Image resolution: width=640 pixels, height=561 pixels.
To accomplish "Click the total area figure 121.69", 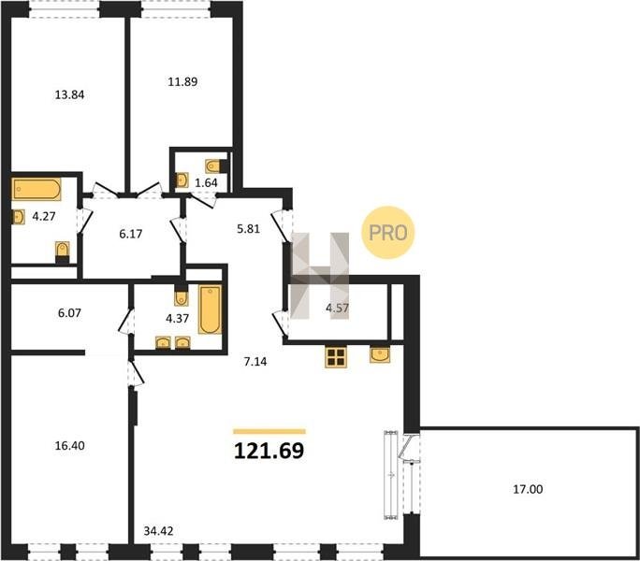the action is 269,451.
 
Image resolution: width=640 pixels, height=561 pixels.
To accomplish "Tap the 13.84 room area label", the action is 69,95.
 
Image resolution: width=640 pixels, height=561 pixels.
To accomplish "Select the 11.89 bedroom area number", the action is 182,82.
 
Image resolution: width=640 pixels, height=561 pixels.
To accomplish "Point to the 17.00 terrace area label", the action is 528,489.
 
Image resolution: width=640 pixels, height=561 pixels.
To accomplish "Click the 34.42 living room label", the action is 158,531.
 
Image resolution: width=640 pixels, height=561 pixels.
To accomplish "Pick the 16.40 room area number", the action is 70,446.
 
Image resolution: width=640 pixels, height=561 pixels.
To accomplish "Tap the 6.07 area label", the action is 69,313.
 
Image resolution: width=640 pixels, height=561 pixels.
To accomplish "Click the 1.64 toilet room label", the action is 206,182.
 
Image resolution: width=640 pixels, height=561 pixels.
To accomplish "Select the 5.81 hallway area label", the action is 248,229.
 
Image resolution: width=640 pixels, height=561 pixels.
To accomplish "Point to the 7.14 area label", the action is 255,362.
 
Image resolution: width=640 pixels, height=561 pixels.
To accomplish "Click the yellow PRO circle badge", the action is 387,233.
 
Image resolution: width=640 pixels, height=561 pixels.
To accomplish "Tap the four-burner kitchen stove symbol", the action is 336,357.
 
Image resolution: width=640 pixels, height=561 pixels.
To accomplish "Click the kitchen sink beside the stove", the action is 380,354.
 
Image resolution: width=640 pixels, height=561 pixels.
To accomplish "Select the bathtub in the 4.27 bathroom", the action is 36,189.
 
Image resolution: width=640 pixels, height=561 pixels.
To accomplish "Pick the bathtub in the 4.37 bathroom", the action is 211,309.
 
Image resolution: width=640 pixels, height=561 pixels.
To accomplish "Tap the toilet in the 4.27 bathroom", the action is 62,252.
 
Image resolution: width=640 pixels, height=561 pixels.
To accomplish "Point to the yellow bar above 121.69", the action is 269,431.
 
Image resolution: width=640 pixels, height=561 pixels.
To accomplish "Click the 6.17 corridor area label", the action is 131,234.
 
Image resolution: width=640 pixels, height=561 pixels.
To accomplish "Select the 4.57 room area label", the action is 337,308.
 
